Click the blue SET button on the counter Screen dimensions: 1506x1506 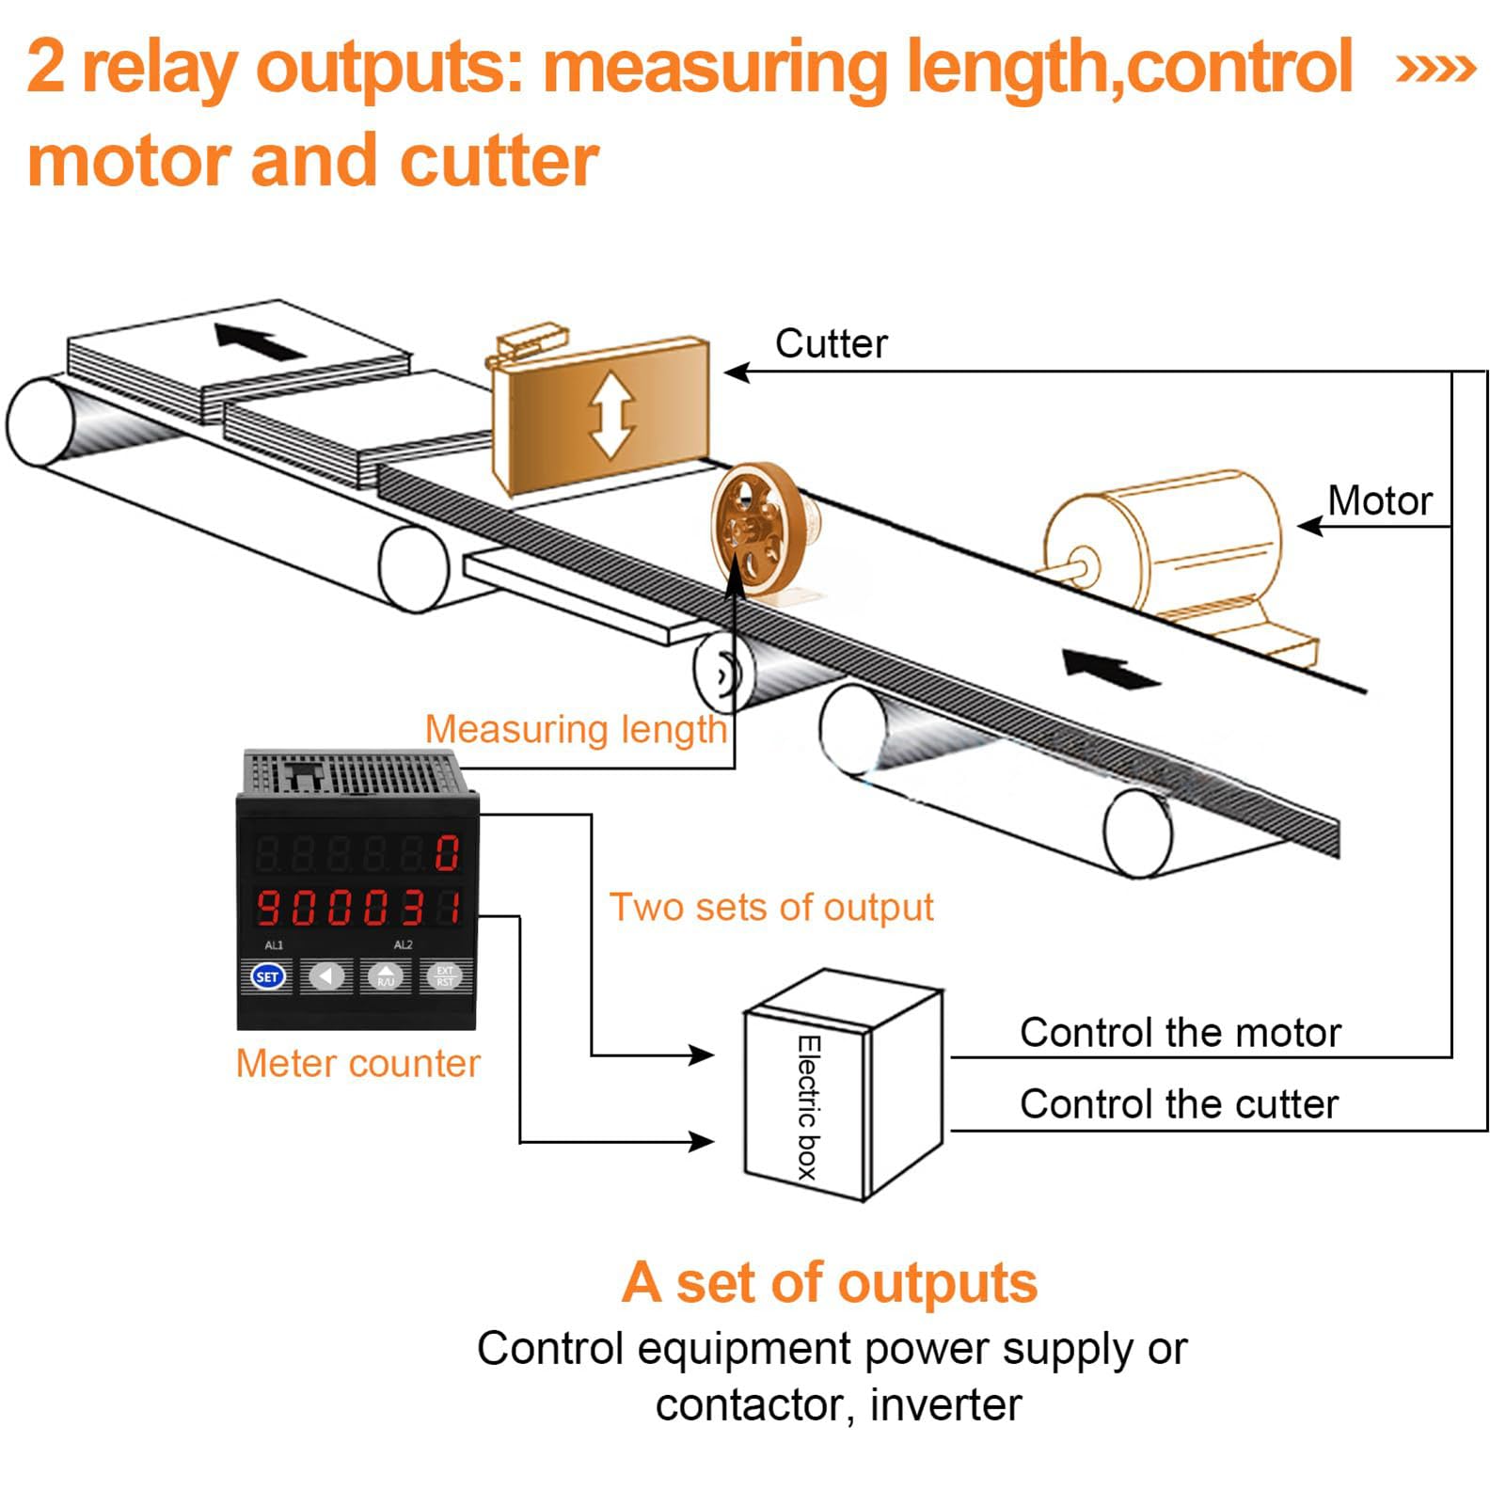pos(267,976)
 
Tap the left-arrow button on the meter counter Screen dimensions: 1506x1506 pos(326,976)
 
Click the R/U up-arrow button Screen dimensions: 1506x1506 pos(386,976)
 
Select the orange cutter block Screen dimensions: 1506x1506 pos(601,414)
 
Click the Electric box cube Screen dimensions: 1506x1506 pos(842,1086)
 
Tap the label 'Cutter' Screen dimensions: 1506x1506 pos(831,344)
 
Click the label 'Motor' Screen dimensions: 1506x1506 pos(1380,500)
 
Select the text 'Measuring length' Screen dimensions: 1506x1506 pos(576,730)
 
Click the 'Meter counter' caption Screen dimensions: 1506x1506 pos(357,1063)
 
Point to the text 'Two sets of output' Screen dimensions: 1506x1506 pos(771,908)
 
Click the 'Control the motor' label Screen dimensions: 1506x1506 pos(1180,1033)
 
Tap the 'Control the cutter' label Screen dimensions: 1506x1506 pos(1179,1104)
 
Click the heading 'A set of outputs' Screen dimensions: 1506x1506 pos(829,1283)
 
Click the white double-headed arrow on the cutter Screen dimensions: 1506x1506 pos(611,415)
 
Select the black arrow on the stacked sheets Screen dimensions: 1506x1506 pos(259,341)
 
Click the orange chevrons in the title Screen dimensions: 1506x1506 pos(1435,69)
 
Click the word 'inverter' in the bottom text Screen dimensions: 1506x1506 pos(945,1406)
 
